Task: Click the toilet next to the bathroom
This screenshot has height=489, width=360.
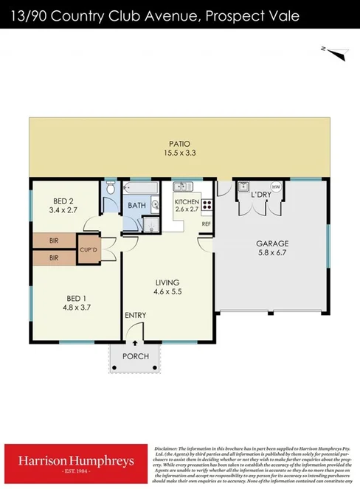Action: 110,191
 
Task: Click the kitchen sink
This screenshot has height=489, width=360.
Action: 182,188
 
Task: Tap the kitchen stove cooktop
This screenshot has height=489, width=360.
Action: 207,206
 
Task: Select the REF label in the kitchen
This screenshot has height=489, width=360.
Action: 207,223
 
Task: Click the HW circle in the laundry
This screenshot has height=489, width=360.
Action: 276,187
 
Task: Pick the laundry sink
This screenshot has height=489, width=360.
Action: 243,187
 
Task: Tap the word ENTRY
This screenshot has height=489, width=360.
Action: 135,316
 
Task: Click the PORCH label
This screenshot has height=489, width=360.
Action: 136,356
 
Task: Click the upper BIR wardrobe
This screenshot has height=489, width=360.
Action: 54,240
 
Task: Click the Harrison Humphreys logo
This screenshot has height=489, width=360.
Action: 76,462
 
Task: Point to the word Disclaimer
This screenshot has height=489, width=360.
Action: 167,448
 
